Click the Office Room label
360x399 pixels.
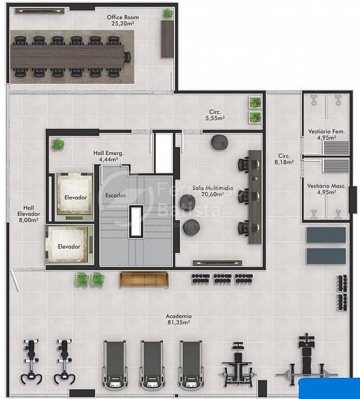(122, 17)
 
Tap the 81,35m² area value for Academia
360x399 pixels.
(178, 323)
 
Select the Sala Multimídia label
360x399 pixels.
(212, 188)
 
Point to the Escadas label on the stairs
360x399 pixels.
(116, 196)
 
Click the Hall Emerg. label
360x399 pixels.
(108, 153)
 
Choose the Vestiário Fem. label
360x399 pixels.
(326, 132)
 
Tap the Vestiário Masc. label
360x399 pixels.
(326, 186)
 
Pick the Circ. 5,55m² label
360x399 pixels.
(215, 115)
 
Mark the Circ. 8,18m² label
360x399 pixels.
(284, 159)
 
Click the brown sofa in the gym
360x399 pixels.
(144, 280)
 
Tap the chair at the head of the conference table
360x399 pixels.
(127, 57)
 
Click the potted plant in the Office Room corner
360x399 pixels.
(168, 13)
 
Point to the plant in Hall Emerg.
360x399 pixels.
(58, 144)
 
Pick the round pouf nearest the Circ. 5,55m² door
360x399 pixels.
(219, 142)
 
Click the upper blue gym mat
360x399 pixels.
(326, 235)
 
